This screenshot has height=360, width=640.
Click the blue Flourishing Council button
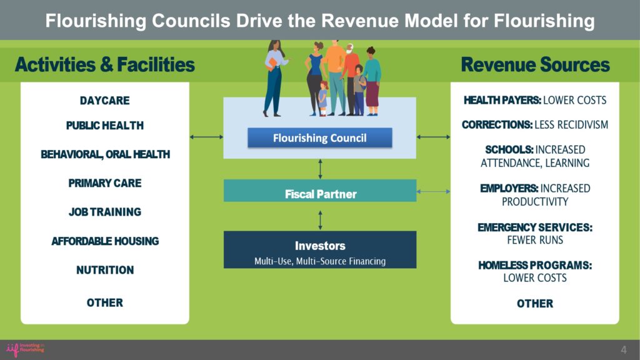(319, 138)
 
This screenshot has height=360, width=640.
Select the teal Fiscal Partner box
(320, 191)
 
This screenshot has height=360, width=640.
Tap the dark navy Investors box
(320, 250)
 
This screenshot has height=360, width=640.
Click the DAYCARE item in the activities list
(105, 101)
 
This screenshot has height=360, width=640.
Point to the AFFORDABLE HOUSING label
(105, 241)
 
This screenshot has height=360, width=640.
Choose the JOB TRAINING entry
(105, 212)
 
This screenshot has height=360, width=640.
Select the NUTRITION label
(105, 270)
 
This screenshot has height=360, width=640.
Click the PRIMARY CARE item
(105, 183)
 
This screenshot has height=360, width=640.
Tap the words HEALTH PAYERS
(502, 100)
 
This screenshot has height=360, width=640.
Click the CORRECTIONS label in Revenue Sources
(497, 124)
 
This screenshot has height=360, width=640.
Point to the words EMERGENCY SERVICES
(535, 227)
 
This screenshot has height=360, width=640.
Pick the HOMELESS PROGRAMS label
(535, 265)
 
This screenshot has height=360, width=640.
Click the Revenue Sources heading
(535, 64)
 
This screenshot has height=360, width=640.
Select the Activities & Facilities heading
(105, 64)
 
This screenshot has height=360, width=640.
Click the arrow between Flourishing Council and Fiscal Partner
(321, 169)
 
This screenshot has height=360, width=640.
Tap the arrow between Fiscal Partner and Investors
(321, 221)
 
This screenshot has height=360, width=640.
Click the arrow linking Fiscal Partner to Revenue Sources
(434, 191)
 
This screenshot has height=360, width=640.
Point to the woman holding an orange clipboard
(274, 78)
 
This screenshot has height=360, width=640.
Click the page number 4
(624, 350)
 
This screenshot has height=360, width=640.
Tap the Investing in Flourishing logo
(25, 349)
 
